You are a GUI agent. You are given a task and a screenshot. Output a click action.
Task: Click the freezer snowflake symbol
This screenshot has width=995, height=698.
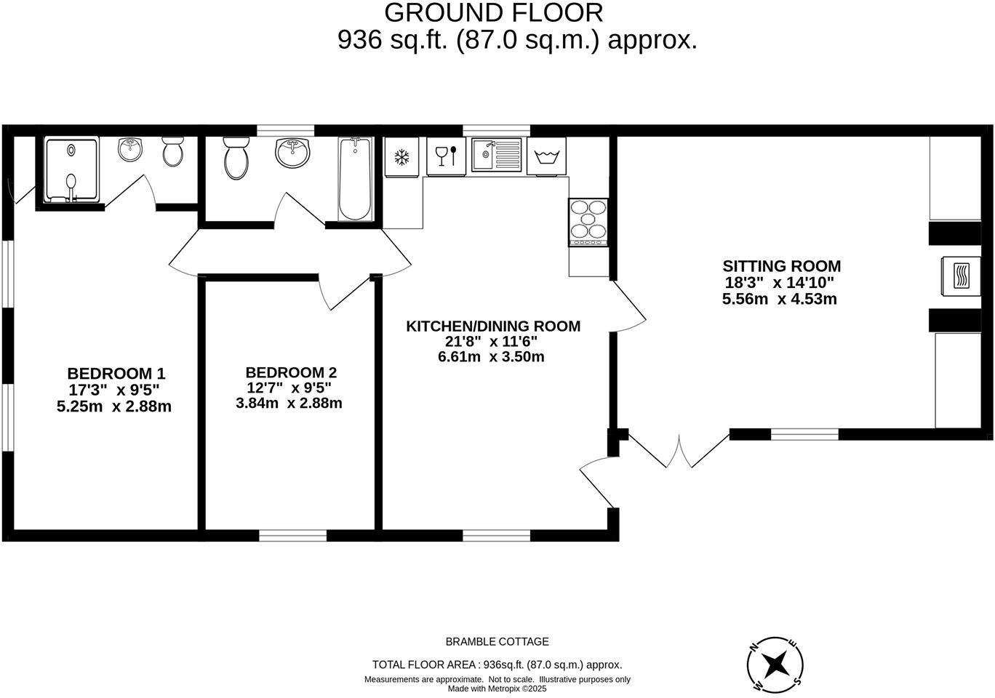pyautogui.click(x=401, y=156)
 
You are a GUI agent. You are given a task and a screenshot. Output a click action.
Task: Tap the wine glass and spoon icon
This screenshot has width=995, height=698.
pyautogui.click(x=445, y=156)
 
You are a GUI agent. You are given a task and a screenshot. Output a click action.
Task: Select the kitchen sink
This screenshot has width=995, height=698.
pyautogui.click(x=496, y=155)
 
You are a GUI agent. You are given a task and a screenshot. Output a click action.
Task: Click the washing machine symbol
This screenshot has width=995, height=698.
pyautogui.click(x=546, y=156)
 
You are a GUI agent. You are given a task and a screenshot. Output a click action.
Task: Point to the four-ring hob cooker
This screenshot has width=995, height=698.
pyautogui.click(x=588, y=222)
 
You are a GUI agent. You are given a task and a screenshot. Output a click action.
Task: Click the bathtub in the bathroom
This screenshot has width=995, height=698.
pyautogui.click(x=356, y=179)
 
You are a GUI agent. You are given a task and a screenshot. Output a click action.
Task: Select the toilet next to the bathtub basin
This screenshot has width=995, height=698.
pyautogui.click(x=236, y=158)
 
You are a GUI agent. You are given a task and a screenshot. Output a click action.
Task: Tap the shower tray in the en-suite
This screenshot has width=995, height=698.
pyautogui.click(x=71, y=170)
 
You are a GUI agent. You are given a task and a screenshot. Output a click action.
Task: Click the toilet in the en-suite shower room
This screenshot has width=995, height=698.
pyautogui.click(x=172, y=151)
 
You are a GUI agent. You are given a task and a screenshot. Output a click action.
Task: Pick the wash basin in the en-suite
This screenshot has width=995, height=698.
pyautogui.click(x=131, y=151)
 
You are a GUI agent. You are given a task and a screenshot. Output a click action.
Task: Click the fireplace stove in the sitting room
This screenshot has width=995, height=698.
pyautogui.click(x=961, y=276)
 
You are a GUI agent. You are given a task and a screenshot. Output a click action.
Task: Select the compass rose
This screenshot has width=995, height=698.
pyautogui.click(x=775, y=663)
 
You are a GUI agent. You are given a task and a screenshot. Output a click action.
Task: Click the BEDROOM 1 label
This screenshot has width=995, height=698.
pyautogui.click(x=116, y=374)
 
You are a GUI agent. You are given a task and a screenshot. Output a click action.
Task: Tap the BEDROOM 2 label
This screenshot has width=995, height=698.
pyautogui.click(x=291, y=372)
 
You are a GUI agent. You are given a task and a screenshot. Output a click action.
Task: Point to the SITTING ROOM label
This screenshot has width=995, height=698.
pyautogui.click(x=781, y=266)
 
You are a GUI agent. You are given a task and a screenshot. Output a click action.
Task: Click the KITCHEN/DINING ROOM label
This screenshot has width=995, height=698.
pyautogui.click(x=493, y=326)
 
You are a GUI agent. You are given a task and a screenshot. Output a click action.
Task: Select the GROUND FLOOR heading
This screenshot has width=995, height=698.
pyautogui.click(x=493, y=12)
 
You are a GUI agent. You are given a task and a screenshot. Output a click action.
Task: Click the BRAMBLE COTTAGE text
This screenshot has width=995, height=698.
pyautogui.click(x=497, y=641)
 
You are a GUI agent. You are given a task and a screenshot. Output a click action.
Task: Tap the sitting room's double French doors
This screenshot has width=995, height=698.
pyautogui.click(x=679, y=452)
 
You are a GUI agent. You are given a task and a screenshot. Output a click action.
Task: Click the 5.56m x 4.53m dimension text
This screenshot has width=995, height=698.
pyautogui.click(x=779, y=299)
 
